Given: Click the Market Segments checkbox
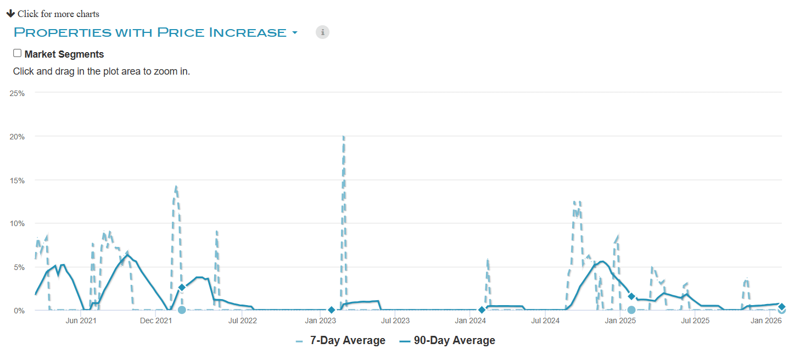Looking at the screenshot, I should [18, 53].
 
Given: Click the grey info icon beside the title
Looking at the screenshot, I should [322, 32].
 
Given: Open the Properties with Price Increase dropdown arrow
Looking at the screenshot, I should [295, 33].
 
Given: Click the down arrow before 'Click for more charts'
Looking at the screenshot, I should [10, 13].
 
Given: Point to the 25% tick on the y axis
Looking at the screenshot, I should [17, 93].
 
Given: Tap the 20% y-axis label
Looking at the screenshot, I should [17, 137].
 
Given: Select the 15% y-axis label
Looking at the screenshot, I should [17, 180].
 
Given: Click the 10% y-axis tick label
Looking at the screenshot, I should [17, 223].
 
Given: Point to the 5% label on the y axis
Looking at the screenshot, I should [19, 267].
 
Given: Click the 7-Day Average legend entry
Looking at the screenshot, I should [340, 341].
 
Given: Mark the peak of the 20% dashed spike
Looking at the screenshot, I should [344, 137].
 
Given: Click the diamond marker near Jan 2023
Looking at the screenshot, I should [331, 310].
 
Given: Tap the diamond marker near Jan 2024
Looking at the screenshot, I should [482, 310].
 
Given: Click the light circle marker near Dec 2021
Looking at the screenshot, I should [182, 310].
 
